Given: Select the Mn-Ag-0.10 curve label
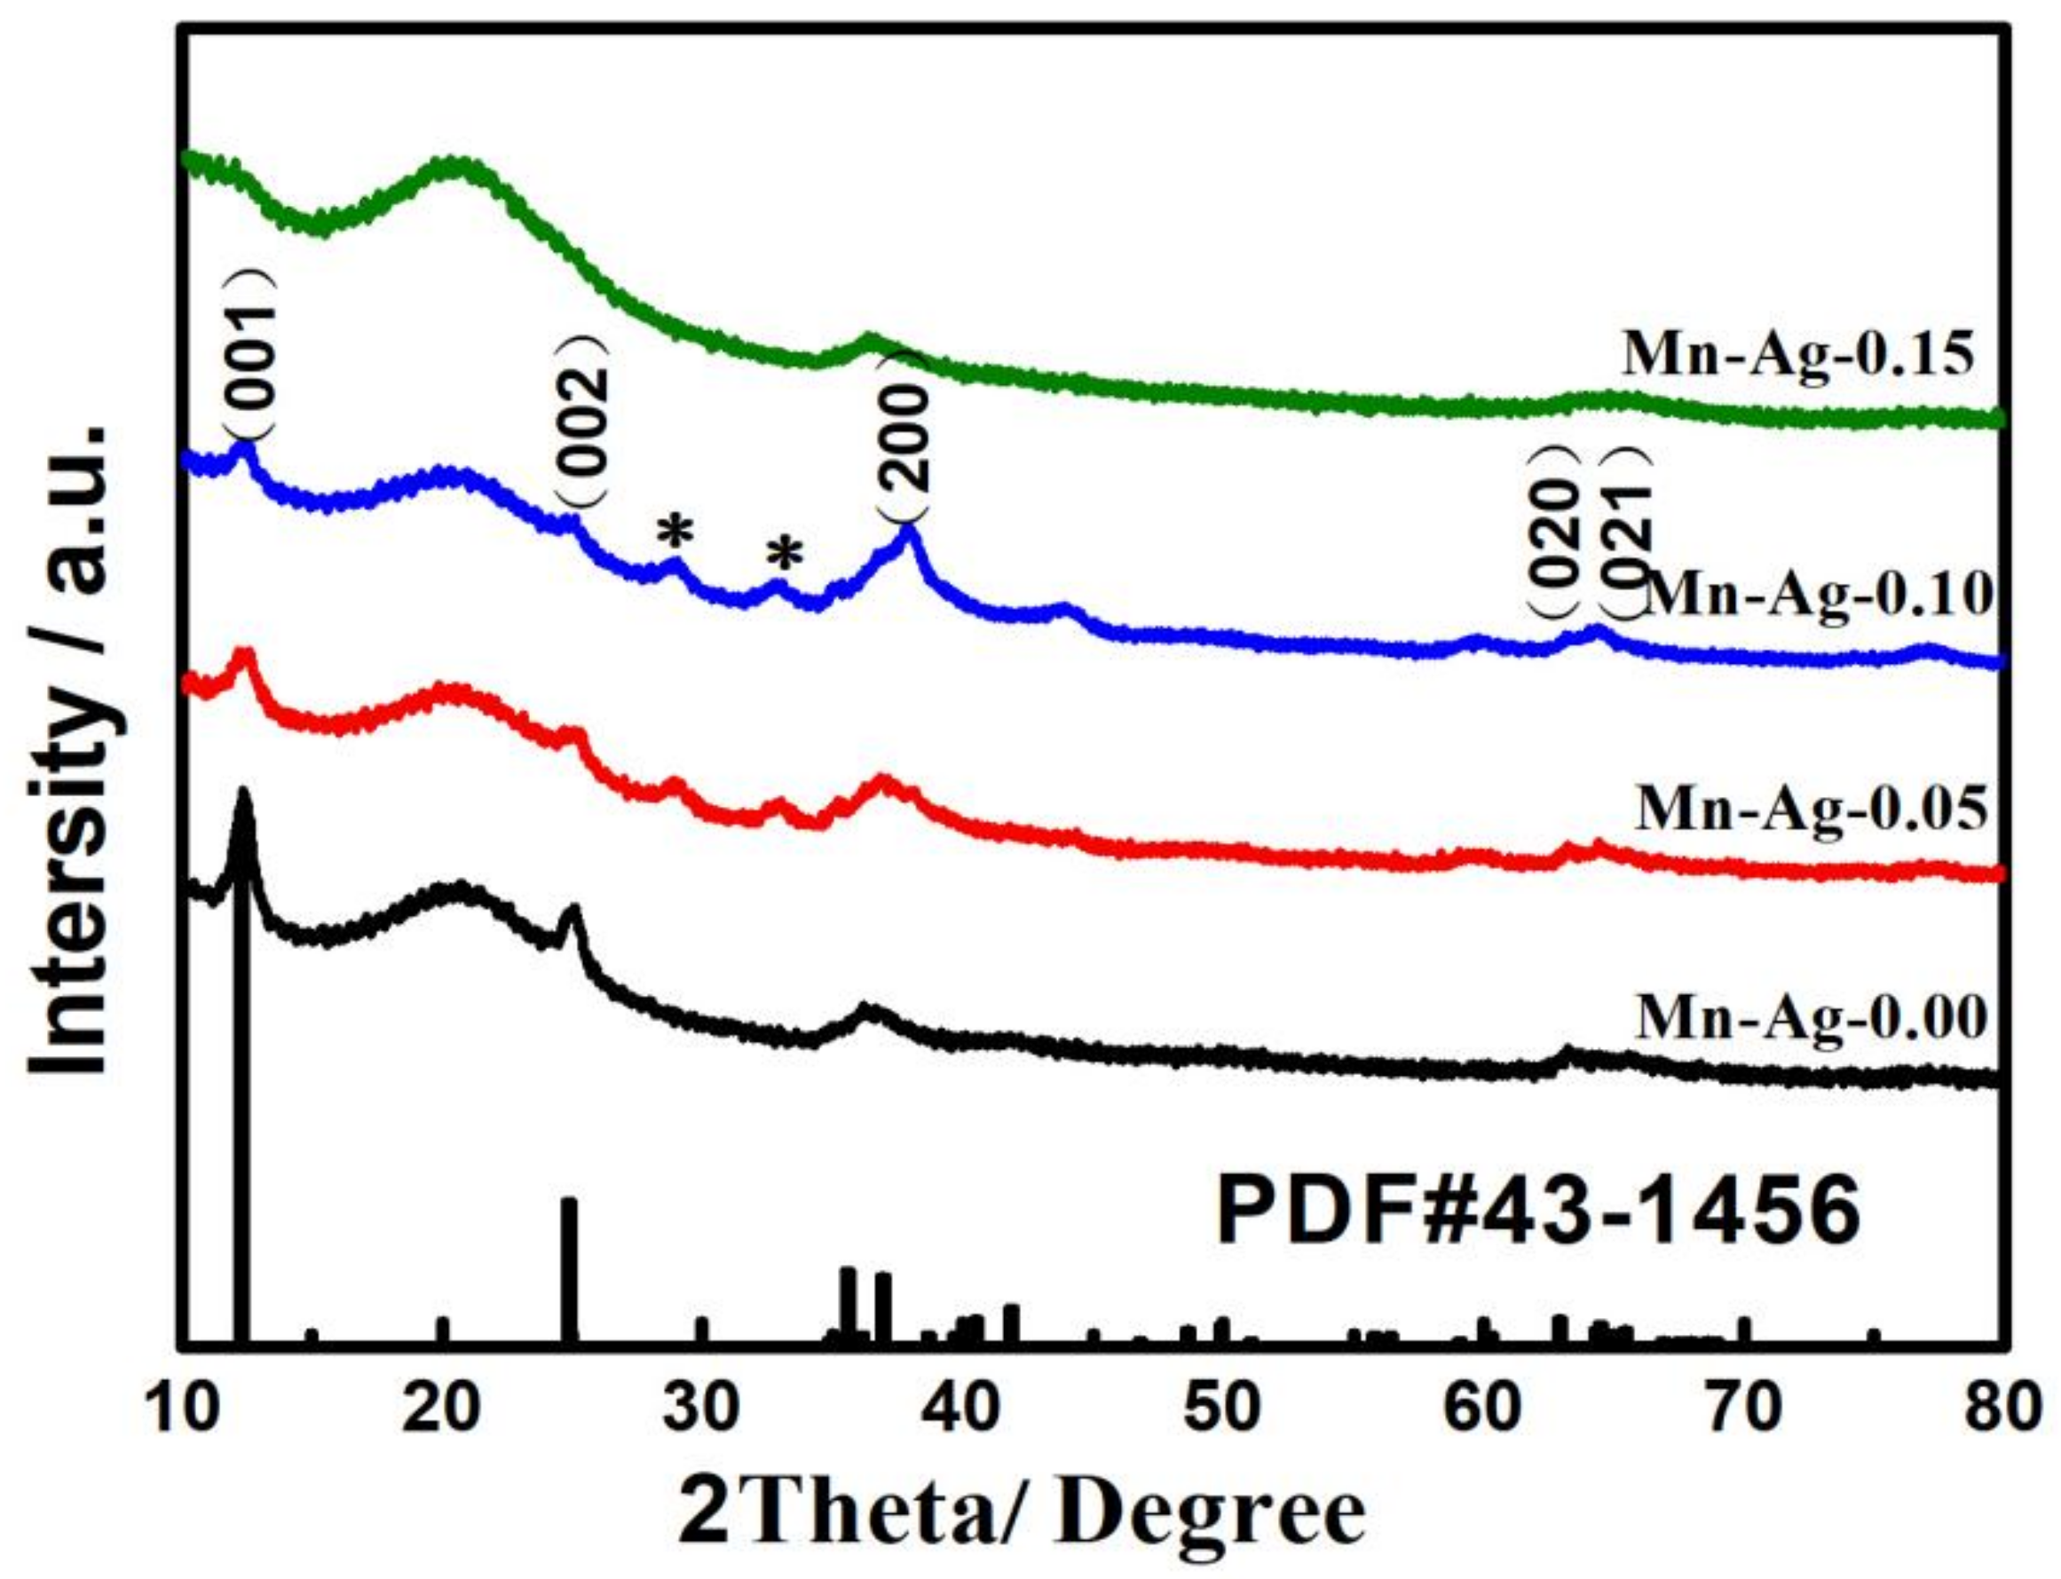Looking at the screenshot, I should click(1819, 596).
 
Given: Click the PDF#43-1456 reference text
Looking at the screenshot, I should click(1538, 1212).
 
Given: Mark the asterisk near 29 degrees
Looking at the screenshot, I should click(675, 533).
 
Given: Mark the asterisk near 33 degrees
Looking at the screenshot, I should click(785, 556).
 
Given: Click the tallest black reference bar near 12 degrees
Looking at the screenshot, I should click(241, 1128).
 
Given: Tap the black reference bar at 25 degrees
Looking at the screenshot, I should click(569, 1269).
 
